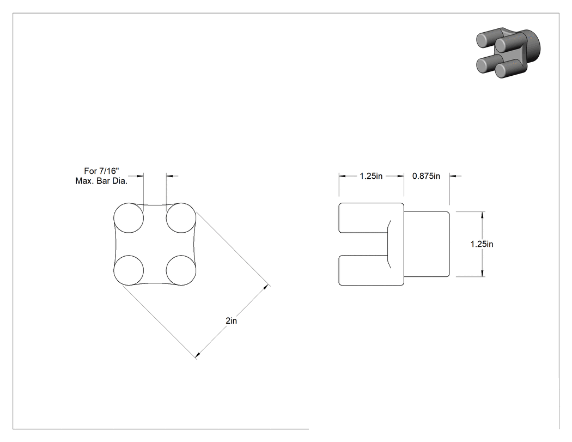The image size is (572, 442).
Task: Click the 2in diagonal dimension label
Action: point(232,320)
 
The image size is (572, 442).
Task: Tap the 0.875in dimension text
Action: point(426,176)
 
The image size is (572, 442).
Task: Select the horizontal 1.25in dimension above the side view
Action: point(371,176)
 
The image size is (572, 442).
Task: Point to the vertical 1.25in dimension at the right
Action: point(482,244)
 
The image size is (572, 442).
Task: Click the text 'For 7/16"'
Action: point(101,171)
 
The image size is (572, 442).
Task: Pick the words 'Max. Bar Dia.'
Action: point(101,180)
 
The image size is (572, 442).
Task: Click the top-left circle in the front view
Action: point(129,218)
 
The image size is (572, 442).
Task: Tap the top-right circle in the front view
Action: point(181,218)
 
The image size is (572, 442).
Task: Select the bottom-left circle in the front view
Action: point(129,270)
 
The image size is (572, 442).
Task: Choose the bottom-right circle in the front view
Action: point(181,270)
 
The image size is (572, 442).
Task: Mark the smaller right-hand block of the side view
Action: point(427,244)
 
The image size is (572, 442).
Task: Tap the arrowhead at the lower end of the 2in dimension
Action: point(198,355)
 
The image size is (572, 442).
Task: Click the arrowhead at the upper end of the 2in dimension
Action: point(266,288)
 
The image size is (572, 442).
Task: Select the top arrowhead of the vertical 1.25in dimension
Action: point(483,215)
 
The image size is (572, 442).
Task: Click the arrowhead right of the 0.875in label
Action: point(453,176)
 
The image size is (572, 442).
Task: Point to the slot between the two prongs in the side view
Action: point(363,244)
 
